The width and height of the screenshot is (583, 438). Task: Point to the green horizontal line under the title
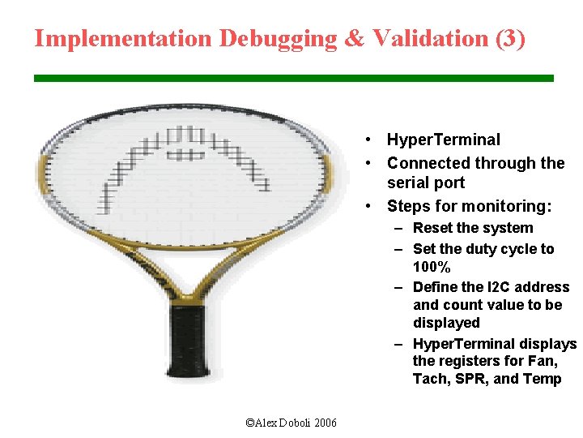pyautogui.click(x=293, y=78)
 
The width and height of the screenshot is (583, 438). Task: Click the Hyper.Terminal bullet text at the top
pyautogui.click(x=444, y=140)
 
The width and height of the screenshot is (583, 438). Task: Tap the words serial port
pyautogui.click(x=426, y=183)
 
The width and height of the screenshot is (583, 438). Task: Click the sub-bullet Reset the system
pyautogui.click(x=473, y=228)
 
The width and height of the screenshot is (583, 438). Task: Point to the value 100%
pyautogui.click(x=432, y=268)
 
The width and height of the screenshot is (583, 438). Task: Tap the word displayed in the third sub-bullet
pyautogui.click(x=446, y=323)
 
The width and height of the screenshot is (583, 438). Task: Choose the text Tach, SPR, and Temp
pyautogui.click(x=487, y=380)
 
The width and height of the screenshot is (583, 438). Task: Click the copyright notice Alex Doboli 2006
pyautogui.click(x=291, y=423)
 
